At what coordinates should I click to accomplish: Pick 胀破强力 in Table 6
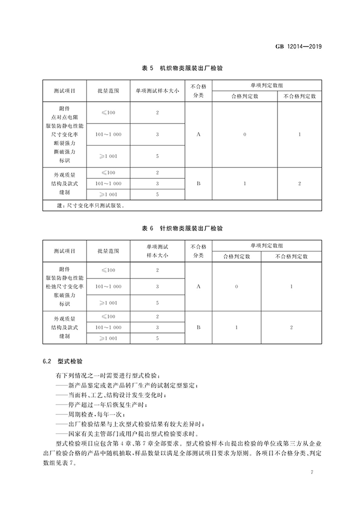(x=64, y=294)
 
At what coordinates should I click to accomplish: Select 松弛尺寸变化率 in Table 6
(x=64, y=286)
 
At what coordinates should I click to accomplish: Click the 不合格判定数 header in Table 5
(x=299, y=96)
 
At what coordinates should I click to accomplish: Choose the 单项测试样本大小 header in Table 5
(x=157, y=91)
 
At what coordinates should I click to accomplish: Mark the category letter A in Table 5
(x=198, y=134)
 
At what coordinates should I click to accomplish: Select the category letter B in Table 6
(x=198, y=327)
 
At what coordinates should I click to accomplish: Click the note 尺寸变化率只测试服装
(x=90, y=205)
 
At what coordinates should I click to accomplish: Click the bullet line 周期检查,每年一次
(x=95, y=414)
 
